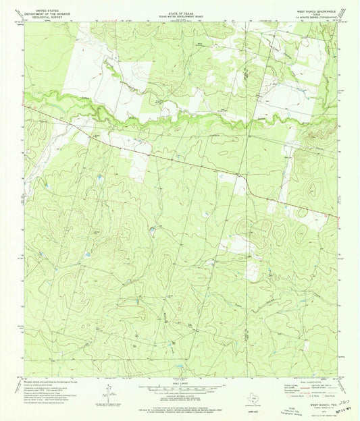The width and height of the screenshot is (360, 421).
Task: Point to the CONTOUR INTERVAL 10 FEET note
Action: [179, 395]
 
